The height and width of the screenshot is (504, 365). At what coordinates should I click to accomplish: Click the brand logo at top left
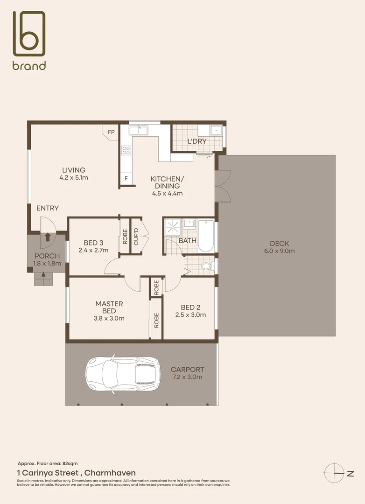coord(29,40)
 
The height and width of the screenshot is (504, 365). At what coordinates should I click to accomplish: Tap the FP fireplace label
coord(111,132)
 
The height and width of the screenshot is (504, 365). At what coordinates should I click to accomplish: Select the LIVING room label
coord(74,170)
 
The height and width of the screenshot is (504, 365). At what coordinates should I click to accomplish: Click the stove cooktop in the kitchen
coord(126,150)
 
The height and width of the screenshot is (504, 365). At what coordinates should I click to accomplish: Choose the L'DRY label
coord(197,141)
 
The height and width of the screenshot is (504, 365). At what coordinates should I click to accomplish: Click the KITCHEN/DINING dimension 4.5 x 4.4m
coord(167,193)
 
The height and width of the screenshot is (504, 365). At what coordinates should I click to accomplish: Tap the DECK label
coord(279,243)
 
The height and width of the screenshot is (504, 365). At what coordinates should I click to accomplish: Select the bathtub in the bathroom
coord(206,236)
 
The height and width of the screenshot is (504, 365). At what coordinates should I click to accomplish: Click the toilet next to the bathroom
coord(206,267)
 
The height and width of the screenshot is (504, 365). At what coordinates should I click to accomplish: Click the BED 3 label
coord(93,243)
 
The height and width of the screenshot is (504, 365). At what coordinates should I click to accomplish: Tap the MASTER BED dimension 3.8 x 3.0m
coord(109,319)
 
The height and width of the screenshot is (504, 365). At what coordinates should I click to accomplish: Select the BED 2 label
coord(190,307)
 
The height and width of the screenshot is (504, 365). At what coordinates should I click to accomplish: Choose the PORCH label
coord(47,256)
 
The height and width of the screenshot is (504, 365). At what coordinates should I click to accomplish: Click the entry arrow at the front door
coord(47,237)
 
